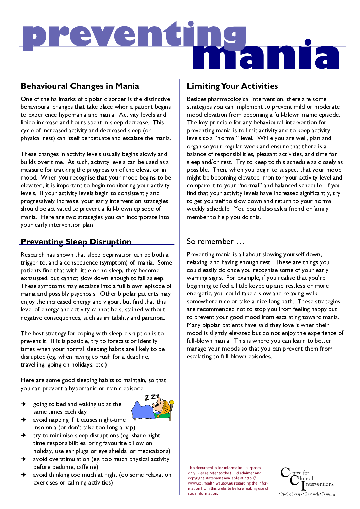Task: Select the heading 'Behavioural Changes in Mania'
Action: [x=80, y=86]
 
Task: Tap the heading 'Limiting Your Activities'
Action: [x=232, y=86]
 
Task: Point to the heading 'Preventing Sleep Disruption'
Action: [x=76, y=242]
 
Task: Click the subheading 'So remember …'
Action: [x=215, y=242]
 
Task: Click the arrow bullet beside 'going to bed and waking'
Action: [x=23, y=404]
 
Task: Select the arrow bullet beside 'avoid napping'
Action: [x=23, y=420]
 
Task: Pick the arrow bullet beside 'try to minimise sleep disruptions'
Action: [x=23, y=435]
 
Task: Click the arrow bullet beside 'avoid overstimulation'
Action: [x=23, y=459]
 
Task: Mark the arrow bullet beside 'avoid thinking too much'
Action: [x=23, y=475]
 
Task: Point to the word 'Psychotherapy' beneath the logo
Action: [x=291, y=494]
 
